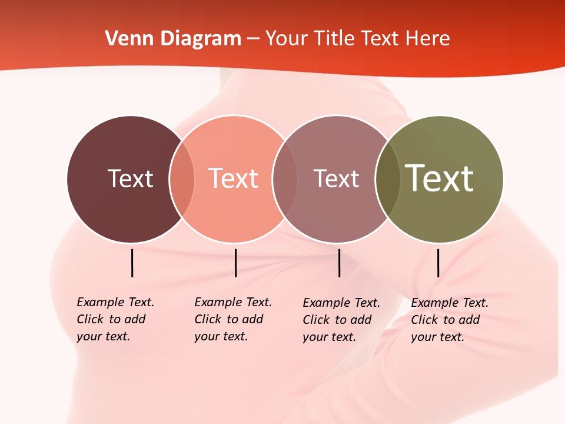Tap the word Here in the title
pyautogui.click(x=428, y=38)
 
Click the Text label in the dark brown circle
pyautogui.click(x=130, y=178)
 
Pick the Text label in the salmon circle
pyautogui.click(x=233, y=178)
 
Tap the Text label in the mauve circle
pyautogui.click(x=336, y=178)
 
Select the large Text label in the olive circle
pyautogui.click(x=440, y=178)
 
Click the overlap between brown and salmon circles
pyautogui.click(x=182, y=179)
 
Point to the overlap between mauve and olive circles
pyautogui.click(x=388, y=179)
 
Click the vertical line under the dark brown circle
pyautogui.click(x=132, y=263)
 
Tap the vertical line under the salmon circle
pyautogui.click(x=235, y=263)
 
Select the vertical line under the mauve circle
pyautogui.click(x=339, y=263)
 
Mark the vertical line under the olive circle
pyautogui.click(x=438, y=263)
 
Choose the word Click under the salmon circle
pyautogui.click(x=207, y=319)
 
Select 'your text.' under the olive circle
pyautogui.click(x=437, y=337)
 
